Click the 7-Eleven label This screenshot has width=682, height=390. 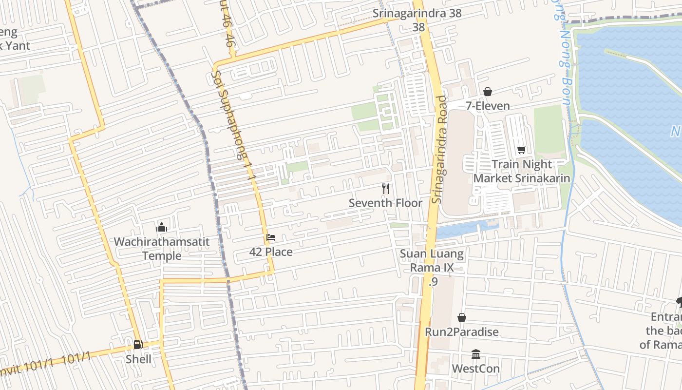coord(488,106)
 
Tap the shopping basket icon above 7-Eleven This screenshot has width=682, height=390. coord(487,92)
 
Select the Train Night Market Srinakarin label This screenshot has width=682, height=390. coord(522,171)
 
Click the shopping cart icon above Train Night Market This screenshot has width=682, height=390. coord(522,150)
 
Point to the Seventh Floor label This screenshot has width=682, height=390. coord(385,203)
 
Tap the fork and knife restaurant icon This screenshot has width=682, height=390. coord(386,188)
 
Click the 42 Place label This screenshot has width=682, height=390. coord(271,252)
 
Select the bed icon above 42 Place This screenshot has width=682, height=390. coord(271,237)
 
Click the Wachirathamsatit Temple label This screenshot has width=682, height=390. coord(162,249)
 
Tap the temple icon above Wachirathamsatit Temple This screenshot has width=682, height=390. coord(162,227)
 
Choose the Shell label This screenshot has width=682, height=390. coord(138,359)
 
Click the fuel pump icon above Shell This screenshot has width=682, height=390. coord(138,345)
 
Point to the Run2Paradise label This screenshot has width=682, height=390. coord(462,332)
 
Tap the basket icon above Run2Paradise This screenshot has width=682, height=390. coord(462,318)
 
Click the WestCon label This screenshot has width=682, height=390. coord(476,369)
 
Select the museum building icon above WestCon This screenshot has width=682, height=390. coord(476,354)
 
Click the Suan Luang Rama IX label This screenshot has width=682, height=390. coord(432,261)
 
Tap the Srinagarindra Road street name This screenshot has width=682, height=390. coord(440,150)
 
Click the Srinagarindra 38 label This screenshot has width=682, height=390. coord(417,13)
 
